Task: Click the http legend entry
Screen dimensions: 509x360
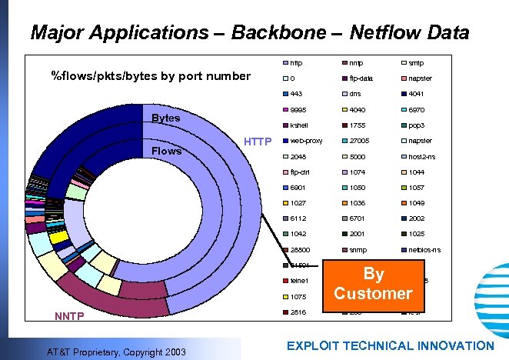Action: coord(296,63)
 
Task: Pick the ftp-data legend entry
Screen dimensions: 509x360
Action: coord(361,78)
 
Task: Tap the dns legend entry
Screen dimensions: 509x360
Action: coord(354,94)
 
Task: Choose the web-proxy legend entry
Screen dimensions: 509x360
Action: coord(306,141)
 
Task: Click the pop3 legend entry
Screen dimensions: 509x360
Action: coord(418,125)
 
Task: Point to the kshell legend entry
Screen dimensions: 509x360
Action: coord(299,125)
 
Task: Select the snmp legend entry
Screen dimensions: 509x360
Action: coord(358,250)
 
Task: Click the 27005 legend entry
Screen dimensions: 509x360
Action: coord(359,141)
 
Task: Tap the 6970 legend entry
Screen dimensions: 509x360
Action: coord(418,109)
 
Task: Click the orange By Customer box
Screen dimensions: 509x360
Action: coord(373,284)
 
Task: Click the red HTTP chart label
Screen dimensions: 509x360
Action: coord(258,142)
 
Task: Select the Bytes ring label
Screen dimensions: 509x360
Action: coord(166,118)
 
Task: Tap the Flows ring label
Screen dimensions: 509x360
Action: coord(166,151)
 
